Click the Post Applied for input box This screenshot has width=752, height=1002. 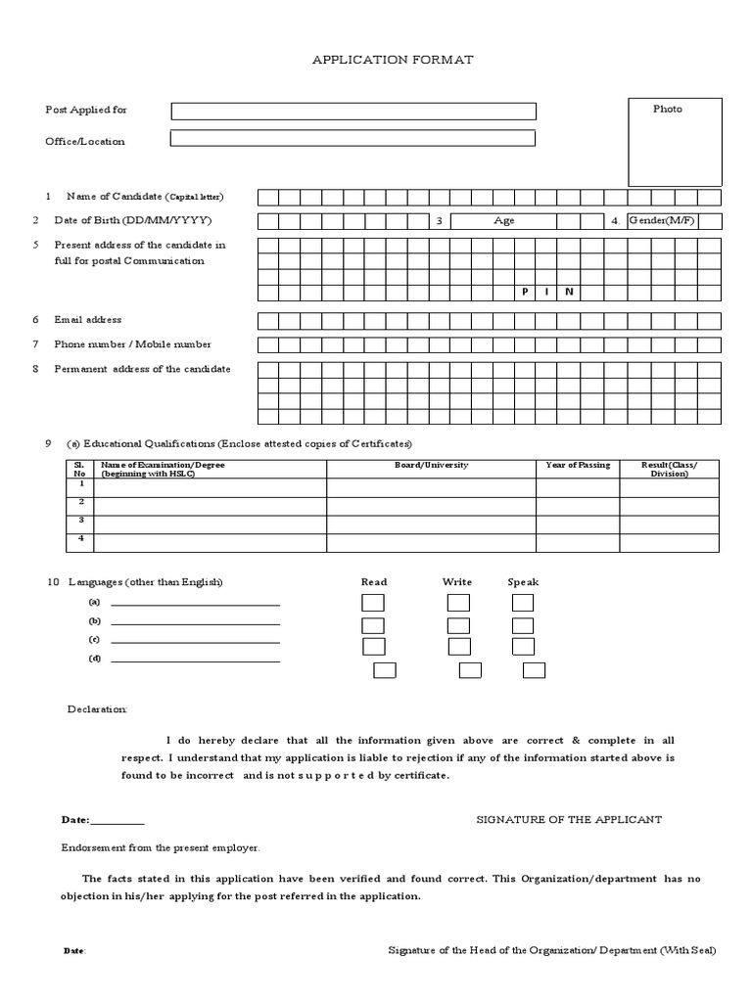pos(353,112)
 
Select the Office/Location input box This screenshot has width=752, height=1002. pos(353,139)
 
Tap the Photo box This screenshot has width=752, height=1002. pos(675,142)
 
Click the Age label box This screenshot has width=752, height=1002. pos(504,221)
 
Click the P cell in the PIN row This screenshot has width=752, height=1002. pos(526,293)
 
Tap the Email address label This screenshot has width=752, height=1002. pos(88,320)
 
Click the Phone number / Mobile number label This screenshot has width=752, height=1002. pos(132,344)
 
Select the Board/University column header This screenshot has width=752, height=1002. pos(431,466)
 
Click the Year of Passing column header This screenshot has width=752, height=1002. pos(578,466)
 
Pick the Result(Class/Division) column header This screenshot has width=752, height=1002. pos(669,469)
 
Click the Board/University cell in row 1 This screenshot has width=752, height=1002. pos(431,487)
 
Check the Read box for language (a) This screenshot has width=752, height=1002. pos(373,603)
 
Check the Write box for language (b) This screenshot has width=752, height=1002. pos(458,625)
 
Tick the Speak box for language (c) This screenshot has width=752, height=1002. pos(524,647)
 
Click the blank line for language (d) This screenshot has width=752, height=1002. pos(195,661)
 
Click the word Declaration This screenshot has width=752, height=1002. pos(97,708)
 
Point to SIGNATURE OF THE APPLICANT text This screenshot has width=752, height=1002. pos(569,819)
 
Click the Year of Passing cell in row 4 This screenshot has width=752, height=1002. pos(578,542)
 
